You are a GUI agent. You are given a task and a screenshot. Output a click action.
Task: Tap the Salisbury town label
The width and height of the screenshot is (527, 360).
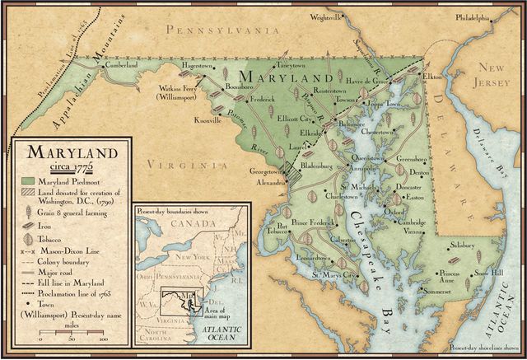466,245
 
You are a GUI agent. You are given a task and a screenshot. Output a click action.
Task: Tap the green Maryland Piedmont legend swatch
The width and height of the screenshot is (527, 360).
28,179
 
